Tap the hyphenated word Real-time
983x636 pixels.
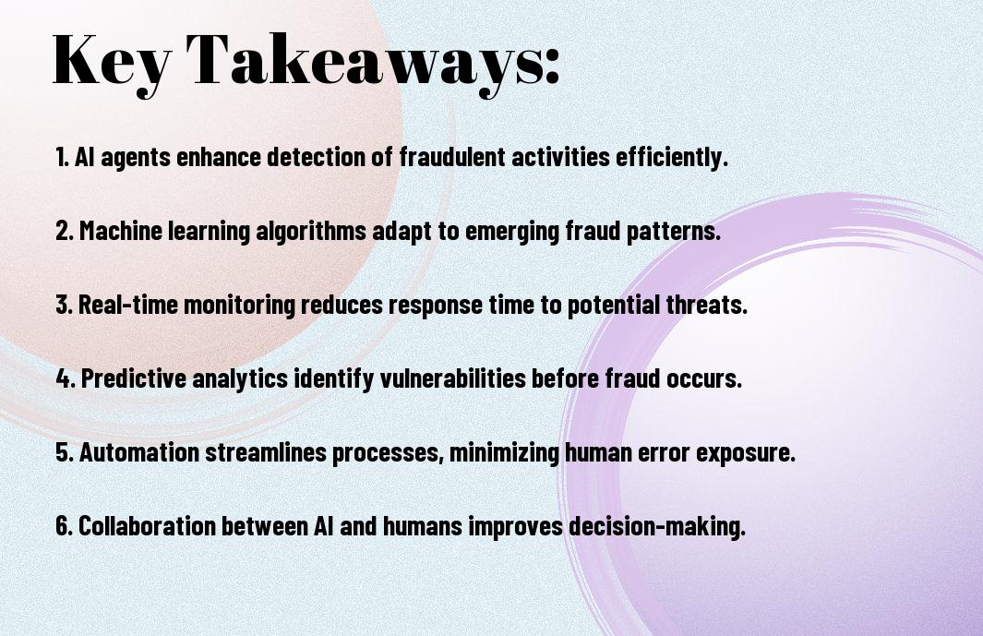point(127,305)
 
